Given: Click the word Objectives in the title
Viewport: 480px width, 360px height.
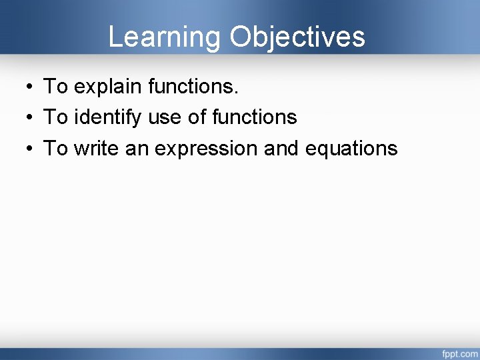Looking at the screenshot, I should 297,37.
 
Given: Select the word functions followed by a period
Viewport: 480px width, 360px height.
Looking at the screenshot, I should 193,86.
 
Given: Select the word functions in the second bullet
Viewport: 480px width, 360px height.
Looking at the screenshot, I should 254,117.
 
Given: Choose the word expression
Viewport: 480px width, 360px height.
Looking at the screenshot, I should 206,149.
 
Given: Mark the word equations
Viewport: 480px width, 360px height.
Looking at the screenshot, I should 351,149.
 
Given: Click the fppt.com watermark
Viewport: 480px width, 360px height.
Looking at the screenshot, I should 459,351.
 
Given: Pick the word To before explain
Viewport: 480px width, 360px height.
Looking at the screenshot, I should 55,86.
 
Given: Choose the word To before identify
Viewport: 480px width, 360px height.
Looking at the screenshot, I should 55,117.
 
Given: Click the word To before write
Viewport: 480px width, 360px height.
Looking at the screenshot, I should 55,148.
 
